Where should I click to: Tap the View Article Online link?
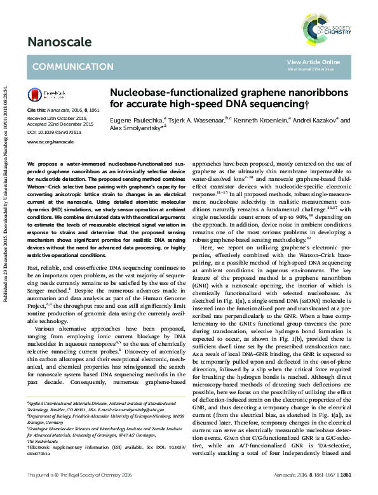[313, 62]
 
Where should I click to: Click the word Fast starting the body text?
[32, 268]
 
